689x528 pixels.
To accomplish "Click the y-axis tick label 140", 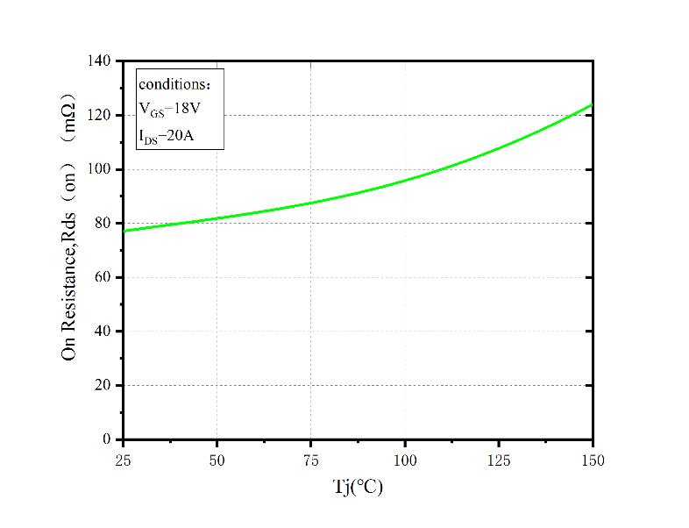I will pos(99,61).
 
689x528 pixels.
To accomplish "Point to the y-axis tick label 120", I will pos(99,116).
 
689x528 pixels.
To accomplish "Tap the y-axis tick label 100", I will pos(99,169).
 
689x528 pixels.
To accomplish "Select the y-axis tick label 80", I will pos(103,224).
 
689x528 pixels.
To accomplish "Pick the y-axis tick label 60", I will pos(103,277).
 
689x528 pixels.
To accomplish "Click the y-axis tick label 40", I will pos(103,332).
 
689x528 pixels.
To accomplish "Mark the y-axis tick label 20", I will pos(103,385).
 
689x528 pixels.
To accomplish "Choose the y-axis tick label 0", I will pos(107,439).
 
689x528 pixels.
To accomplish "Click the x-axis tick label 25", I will pos(123,459).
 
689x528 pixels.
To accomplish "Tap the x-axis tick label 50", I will pos(217,459).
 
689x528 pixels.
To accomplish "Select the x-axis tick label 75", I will pos(310,459).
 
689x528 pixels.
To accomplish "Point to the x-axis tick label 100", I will pos(404,459).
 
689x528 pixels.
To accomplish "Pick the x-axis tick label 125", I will pos(498,459).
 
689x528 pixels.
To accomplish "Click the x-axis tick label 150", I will pos(592,459).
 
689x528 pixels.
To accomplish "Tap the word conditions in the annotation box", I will pos(173,85).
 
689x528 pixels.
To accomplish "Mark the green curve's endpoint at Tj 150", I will pos(592,105).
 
